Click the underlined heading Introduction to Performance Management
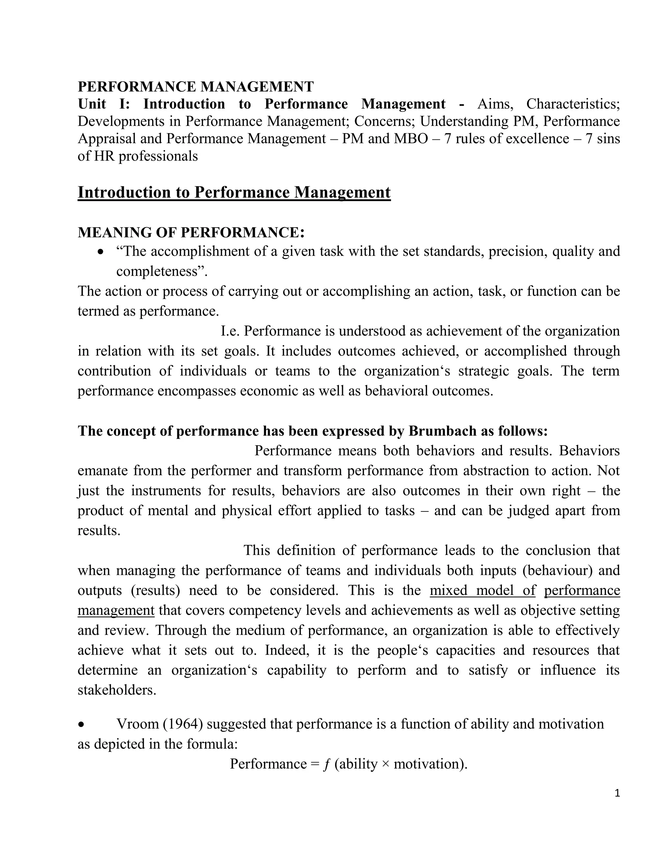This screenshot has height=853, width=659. pyautogui.click(x=234, y=192)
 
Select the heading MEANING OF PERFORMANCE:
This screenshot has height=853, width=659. pyautogui.click(x=191, y=232)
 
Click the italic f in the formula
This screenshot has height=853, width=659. pyautogui.click(x=326, y=764)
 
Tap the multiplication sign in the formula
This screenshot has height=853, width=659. pyautogui.click(x=385, y=764)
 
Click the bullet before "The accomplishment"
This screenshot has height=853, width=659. pyautogui.click(x=101, y=252)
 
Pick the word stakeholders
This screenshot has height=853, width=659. pyautogui.click(x=116, y=690)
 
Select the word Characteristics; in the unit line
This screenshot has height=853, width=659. pyautogui.click(x=573, y=104)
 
